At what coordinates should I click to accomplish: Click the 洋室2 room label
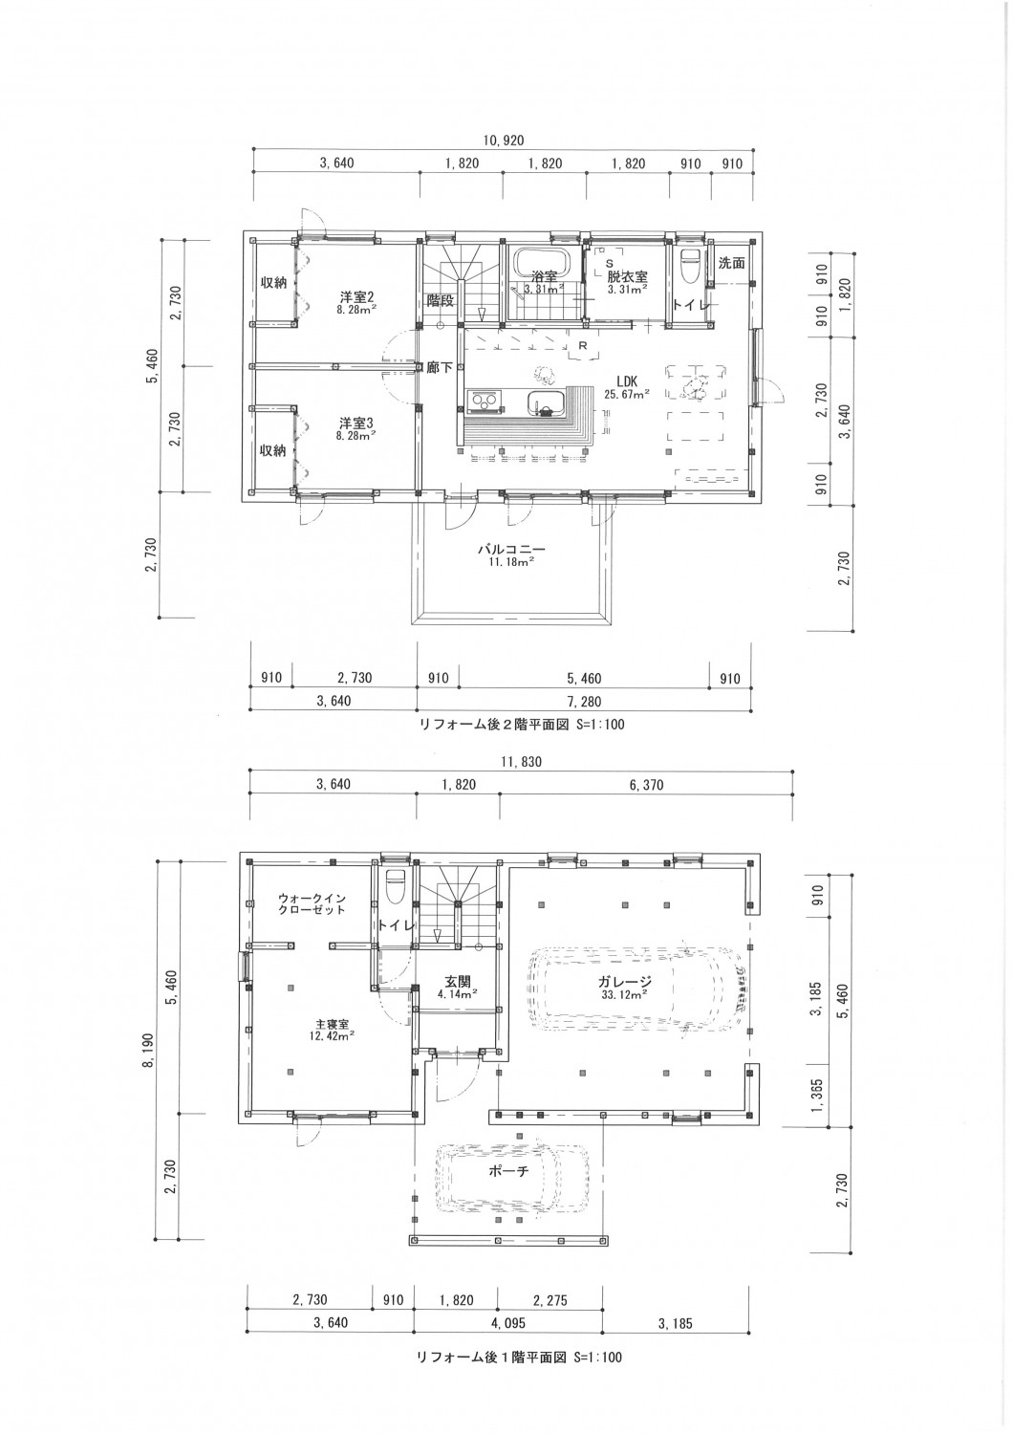356,296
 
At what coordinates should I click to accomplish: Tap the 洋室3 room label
356,424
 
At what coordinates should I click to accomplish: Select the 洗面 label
731,263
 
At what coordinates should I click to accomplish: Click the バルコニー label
510,549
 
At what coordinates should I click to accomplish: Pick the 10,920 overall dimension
503,141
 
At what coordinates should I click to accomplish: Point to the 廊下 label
440,367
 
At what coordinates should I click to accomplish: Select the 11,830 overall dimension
520,762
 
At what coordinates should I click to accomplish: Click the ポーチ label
508,1170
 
